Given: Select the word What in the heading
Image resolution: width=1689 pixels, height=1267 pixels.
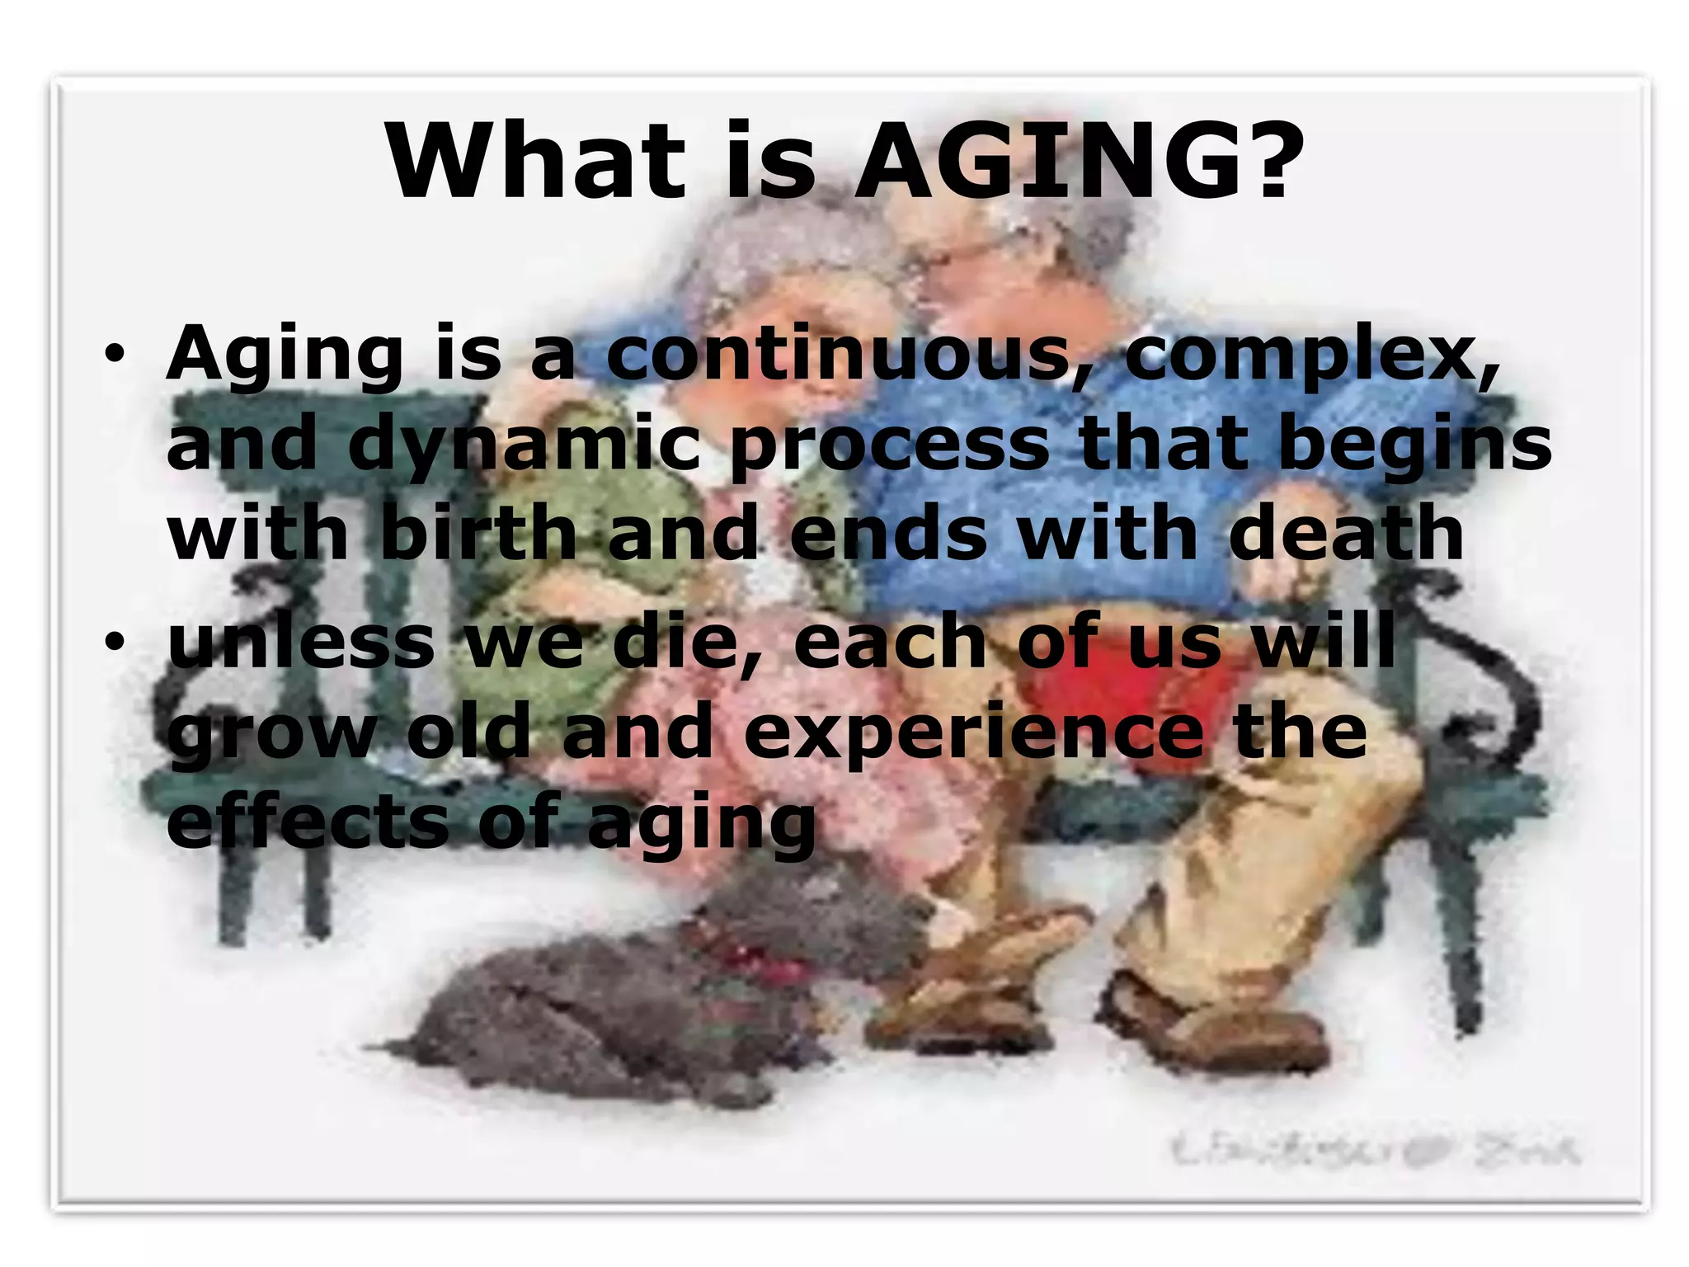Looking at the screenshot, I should coord(536,161).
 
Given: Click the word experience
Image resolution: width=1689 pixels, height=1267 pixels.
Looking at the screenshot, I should coord(973,734).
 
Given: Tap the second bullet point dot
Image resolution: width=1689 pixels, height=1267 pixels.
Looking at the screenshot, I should coord(115,643).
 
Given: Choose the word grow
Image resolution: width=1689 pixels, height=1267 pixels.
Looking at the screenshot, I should coord(272,734).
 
